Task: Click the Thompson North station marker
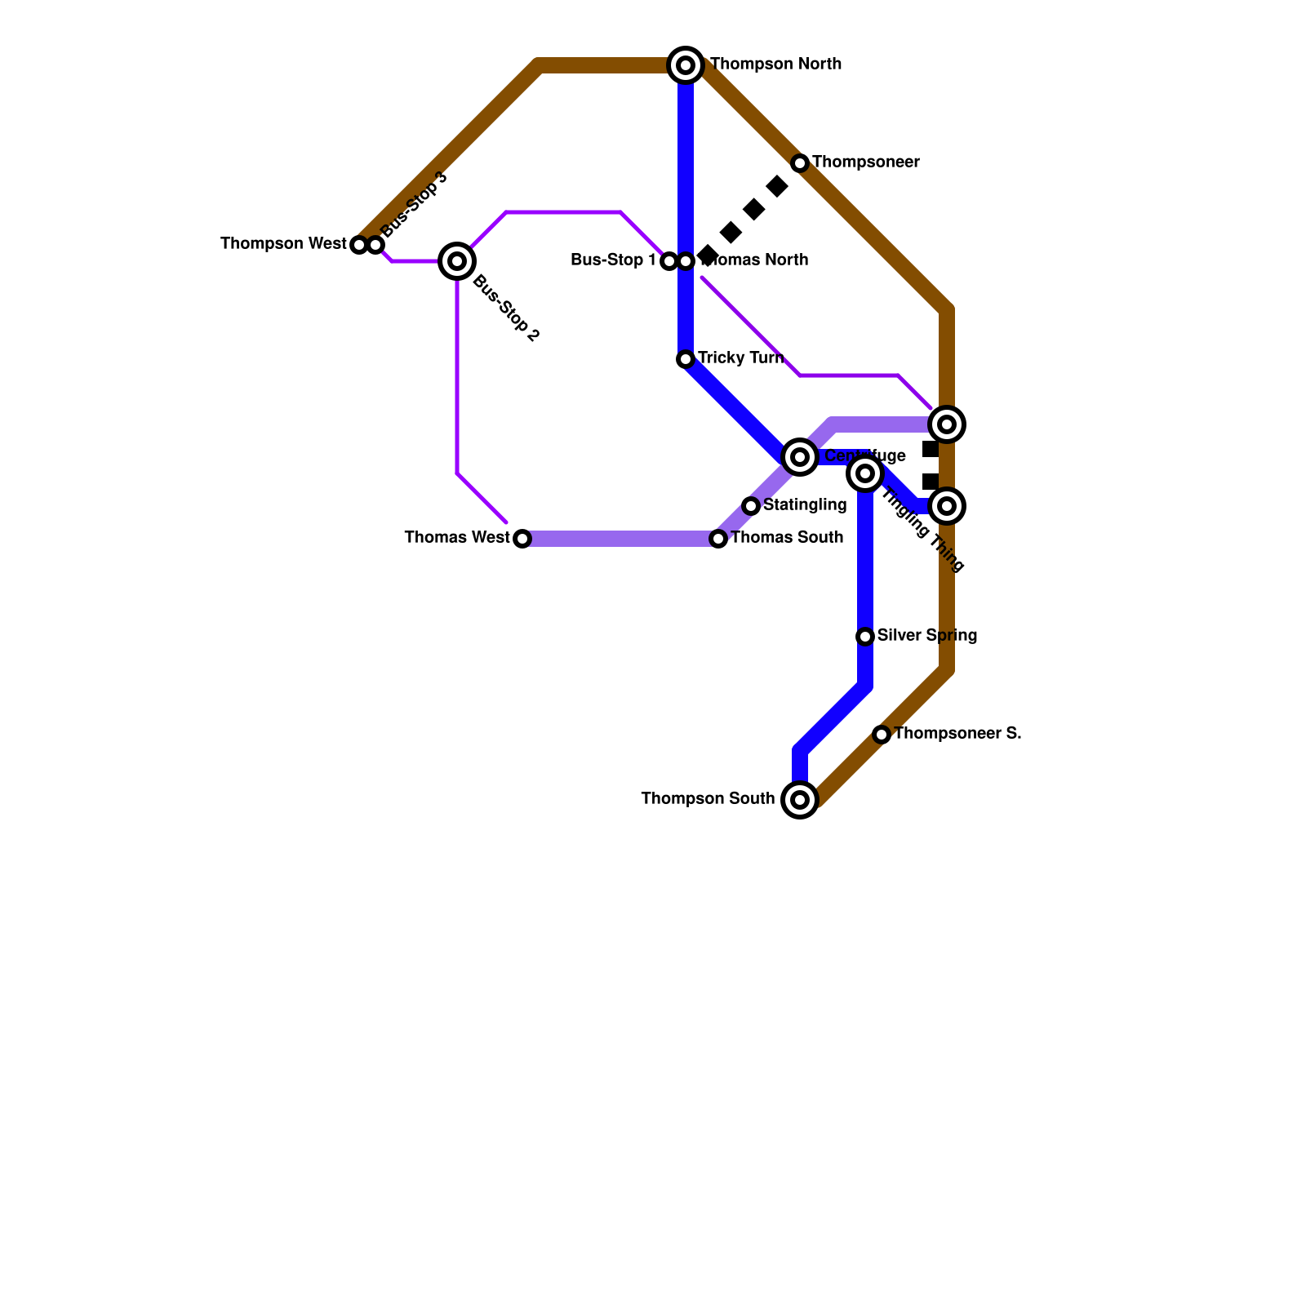coord(686,65)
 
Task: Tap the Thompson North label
coord(775,64)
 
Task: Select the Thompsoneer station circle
coord(800,163)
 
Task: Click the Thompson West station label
coord(283,244)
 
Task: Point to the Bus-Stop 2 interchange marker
coord(457,261)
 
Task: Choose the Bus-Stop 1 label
coord(613,260)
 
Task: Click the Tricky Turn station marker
coord(686,359)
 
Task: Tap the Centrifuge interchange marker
coord(800,457)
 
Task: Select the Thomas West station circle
coord(522,539)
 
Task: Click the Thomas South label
coord(787,538)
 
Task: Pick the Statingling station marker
coord(751,506)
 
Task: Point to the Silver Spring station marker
coord(865,637)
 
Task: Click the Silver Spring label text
coord(927,636)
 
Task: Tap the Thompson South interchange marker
coord(800,800)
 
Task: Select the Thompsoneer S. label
coord(957,734)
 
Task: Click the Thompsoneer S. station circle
coord(882,735)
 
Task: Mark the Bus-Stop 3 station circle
coord(375,245)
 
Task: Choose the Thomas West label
coord(457,538)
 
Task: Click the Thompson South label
coord(708,799)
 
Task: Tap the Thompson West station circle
coord(358,245)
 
